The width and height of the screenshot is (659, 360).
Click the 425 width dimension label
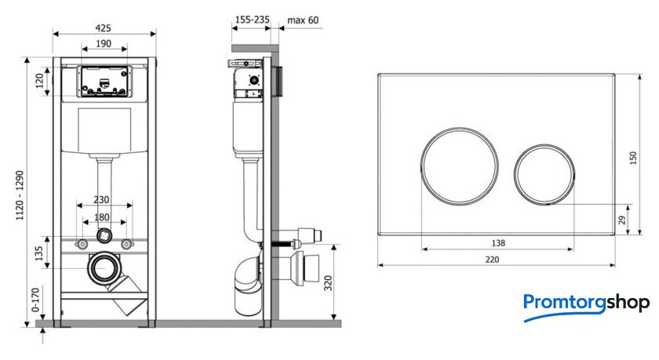pyautogui.click(x=103, y=28)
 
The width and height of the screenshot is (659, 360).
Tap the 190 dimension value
pyautogui.click(x=104, y=44)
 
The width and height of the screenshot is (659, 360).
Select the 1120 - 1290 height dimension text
pyautogui.click(x=20, y=195)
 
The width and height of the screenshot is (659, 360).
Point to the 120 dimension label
pyautogui.click(x=39, y=81)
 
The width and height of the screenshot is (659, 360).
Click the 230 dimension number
pyautogui.click(x=101, y=199)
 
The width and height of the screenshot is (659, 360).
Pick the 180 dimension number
pyautogui.click(x=101, y=217)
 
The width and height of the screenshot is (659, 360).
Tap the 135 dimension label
pyautogui.click(x=38, y=253)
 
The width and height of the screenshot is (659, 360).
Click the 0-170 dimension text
pyautogui.click(x=36, y=300)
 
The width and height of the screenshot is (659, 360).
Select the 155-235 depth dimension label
pyautogui.click(x=252, y=20)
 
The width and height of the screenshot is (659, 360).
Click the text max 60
pyautogui.click(x=303, y=20)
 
